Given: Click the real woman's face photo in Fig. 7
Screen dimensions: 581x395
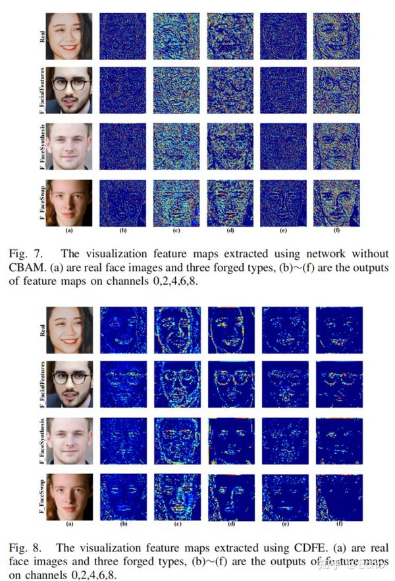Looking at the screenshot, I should [x=69, y=35].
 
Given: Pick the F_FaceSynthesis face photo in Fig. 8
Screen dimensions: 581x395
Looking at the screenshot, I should [x=69, y=439].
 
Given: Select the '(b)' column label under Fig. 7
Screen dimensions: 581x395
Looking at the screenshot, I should [x=122, y=231].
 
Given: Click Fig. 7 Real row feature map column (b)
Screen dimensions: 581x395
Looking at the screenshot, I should [x=122, y=35].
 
